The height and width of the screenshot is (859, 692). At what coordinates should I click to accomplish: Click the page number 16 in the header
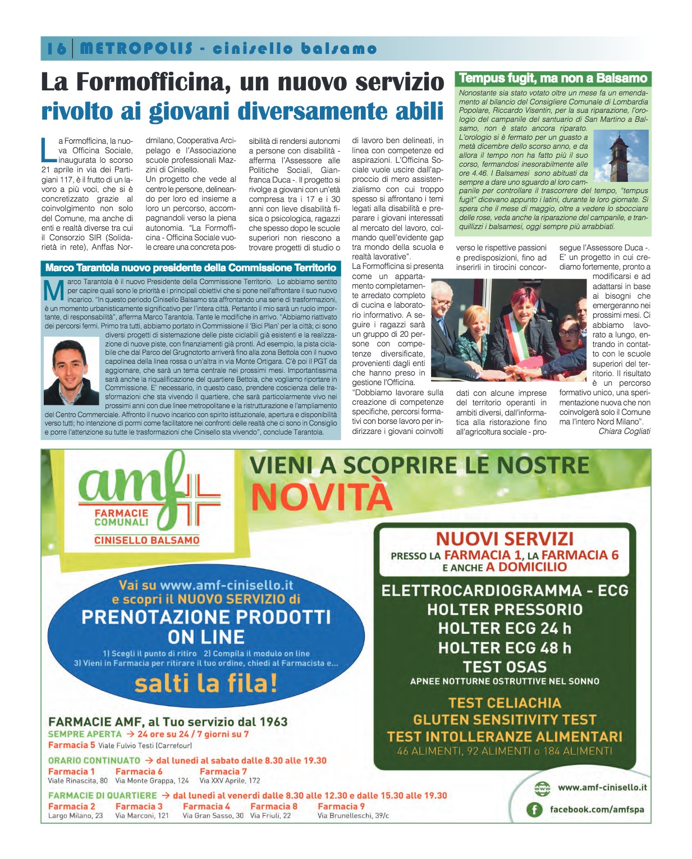point(56,49)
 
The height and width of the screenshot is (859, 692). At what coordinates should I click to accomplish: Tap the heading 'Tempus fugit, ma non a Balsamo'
point(553,79)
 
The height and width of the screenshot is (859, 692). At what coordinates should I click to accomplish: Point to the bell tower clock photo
point(620,156)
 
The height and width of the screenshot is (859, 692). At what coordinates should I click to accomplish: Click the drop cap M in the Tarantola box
point(54,290)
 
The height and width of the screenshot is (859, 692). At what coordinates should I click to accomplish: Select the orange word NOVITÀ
point(321,496)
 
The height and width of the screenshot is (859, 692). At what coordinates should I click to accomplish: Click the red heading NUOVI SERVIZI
point(505,538)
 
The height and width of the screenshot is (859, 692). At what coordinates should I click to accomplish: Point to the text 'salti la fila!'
point(206,683)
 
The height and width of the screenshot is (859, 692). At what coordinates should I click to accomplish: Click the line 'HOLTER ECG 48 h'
point(505,648)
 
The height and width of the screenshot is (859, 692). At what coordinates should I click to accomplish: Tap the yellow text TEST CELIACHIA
point(505,703)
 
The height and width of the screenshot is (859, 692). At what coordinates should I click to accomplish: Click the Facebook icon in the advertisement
point(534,810)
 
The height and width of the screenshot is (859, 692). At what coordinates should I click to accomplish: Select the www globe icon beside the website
point(542,788)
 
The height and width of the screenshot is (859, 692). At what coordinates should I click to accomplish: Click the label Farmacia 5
point(71,745)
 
